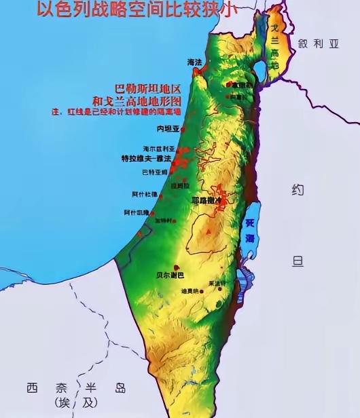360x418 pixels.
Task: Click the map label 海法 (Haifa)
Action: [x=195, y=62]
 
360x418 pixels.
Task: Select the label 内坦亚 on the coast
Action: [x=168, y=128]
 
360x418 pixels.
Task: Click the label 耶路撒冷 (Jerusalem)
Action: [x=208, y=201]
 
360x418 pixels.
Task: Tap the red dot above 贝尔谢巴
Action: [x=177, y=267]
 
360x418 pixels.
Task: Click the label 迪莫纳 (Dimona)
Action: [x=190, y=291]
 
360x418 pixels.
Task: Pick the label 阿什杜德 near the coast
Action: [x=144, y=194]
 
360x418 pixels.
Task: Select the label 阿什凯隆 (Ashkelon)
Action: [x=136, y=212]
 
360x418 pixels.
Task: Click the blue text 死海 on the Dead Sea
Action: [x=250, y=229]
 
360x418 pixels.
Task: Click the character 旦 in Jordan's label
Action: [x=298, y=261]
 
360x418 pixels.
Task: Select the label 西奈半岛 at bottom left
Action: [x=76, y=388]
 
